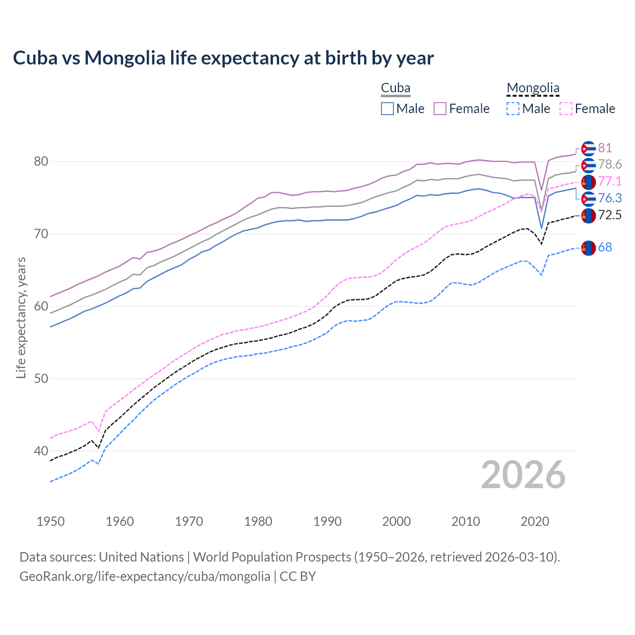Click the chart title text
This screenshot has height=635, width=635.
[223, 58]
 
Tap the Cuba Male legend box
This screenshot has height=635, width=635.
[387, 109]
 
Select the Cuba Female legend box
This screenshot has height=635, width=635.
[440, 109]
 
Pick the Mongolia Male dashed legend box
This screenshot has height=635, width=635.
[513, 109]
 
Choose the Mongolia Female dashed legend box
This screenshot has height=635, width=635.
[566, 109]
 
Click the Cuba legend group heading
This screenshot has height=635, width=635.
[395, 88]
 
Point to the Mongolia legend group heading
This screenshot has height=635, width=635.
[533, 88]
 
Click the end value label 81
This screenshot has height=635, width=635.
[605, 148]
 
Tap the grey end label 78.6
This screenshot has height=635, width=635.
[610, 164]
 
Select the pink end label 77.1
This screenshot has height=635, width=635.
[610, 181]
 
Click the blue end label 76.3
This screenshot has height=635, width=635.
[610, 198]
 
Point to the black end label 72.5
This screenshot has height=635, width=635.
[610, 215]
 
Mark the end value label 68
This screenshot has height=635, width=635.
[605, 247]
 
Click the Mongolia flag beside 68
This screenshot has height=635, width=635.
[588, 248]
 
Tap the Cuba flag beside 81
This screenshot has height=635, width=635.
[588, 148]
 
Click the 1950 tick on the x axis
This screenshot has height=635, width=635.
[51, 521]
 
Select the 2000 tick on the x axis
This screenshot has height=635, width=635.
[396, 521]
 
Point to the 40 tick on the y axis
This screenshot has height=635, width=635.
[41, 451]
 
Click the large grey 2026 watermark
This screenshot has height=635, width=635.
[523, 475]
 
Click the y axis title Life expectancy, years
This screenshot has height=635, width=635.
[21, 317]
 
